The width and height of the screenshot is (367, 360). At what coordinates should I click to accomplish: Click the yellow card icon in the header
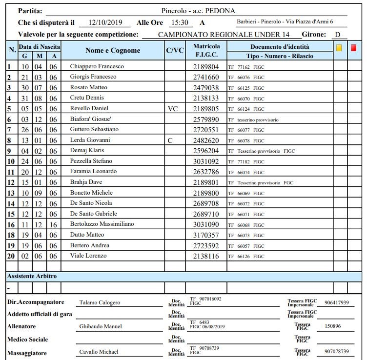pyautogui.click(x=339, y=48)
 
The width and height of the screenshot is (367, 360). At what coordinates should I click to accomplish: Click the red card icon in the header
pyautogui.click(x=354, y=48)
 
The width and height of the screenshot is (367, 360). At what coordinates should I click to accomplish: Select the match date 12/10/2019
pyautogui.click(x=103, y=22)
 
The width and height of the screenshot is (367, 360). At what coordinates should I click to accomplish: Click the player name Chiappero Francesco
pyautogui.click(x=97, y=66)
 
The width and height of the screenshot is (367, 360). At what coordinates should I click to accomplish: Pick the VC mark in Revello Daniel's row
pyautogui.click(x=173, y=108)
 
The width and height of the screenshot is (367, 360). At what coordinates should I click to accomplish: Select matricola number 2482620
pyautogui.click(x=206, y=140)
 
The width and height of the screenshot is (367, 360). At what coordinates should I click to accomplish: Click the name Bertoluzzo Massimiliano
pyautogui.click(x=102, y=224)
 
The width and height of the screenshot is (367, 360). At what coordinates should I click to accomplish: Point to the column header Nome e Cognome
pyautogui.click(x=113, y=50)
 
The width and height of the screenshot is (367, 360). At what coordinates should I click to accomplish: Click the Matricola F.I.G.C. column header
pyautogui.click(x=206, y=50)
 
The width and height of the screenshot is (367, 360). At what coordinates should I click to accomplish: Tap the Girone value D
pyautogui.click(x=337, y=35)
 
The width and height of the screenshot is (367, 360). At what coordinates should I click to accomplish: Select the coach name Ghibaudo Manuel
pyautogui.click(x=101, y=326)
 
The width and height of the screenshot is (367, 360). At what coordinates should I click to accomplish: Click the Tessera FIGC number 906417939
pyautogui.click(x=337, y=303)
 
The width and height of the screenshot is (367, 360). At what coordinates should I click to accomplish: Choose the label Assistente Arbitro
pyautogui.click(x=32, y=276)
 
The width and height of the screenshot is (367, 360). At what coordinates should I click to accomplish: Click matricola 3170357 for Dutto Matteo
pyautogui.click(x=206, y=235)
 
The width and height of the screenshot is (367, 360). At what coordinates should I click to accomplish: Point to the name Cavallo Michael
pyautogui.click(x=99, y=352)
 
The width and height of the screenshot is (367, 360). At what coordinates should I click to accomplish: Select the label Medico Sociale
pyautogui.click(x=28, y=339)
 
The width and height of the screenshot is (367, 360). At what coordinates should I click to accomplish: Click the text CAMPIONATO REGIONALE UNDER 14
pyautogui.click(x=224, y=35)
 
